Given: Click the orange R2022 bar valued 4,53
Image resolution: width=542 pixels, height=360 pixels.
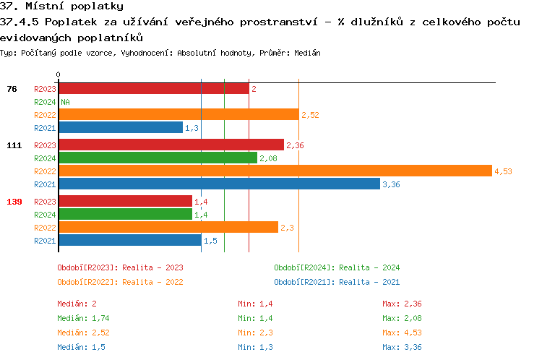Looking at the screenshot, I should coord(275,171).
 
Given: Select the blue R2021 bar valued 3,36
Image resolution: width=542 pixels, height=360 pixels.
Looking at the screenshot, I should coord(219,184).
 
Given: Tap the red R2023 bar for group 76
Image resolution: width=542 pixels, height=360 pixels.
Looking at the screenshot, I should coord(153,88).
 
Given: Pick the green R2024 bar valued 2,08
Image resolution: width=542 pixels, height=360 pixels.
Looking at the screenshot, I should coord(158,158).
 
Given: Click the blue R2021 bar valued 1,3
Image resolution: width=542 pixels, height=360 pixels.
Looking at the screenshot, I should coord(120,127).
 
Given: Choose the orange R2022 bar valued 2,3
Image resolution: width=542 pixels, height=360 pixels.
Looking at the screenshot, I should coord(168,227).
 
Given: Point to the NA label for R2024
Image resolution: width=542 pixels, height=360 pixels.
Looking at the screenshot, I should coord(65,102).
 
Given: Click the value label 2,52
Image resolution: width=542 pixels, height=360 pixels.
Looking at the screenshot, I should coord(310,115).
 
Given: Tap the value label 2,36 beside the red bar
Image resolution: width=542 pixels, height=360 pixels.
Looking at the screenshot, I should coord(295,145).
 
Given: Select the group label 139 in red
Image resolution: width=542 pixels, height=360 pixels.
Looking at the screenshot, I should coord(14,202).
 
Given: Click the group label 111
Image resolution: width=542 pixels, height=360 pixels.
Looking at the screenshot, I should coord(14,145).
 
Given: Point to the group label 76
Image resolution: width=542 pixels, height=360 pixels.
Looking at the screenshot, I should coord(12,89).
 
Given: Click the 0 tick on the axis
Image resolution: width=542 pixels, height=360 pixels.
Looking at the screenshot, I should coord(58,74).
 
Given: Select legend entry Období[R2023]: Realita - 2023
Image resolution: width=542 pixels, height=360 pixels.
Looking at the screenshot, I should coord(120,267).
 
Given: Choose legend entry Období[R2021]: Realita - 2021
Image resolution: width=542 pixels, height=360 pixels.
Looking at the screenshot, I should coord(337,282).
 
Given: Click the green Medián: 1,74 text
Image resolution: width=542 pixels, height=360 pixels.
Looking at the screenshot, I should coord(83,318).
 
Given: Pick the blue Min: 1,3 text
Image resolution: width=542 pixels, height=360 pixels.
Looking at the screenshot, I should coord(254,348).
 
